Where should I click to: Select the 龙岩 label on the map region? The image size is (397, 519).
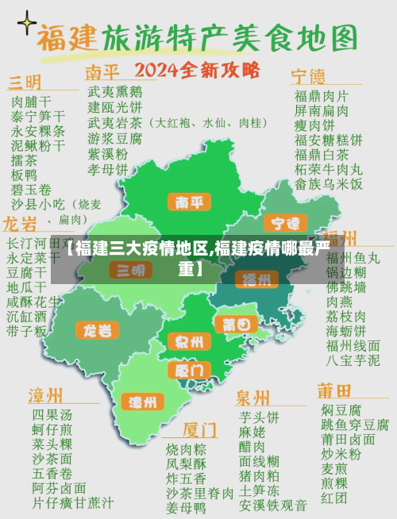tap(98, 330)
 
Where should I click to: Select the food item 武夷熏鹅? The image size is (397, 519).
tap(115, 92)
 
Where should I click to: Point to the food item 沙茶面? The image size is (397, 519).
tap(52, 459)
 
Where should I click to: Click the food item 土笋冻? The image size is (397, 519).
tap(259, 490)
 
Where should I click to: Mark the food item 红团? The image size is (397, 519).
tap(333, 498)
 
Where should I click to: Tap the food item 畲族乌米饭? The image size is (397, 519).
tap(329, 183)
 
